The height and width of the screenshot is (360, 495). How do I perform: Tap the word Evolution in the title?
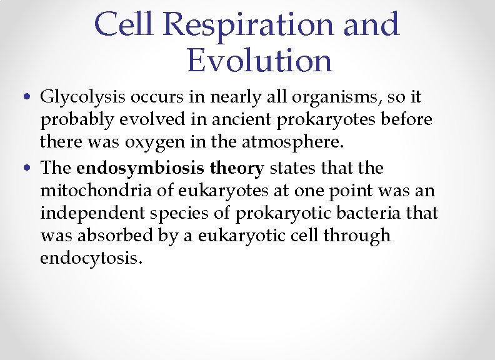coord(259,61)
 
